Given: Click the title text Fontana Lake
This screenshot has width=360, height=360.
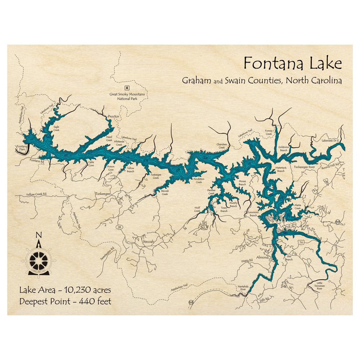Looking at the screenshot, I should (292, 63).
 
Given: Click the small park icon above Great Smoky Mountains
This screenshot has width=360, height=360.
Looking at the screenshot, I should (126, 87).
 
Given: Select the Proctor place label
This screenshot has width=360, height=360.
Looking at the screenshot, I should (113, 117).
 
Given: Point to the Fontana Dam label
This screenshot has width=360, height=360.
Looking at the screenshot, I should (21, 148).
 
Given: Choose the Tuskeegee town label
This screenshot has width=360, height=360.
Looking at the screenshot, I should (102, 193).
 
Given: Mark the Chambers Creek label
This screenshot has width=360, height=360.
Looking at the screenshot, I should (222, 146).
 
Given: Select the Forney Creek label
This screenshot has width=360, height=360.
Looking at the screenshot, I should (269, 132).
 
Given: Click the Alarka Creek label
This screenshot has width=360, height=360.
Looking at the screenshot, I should (297, 207).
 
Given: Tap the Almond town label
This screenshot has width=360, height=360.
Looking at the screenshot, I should (262, 257).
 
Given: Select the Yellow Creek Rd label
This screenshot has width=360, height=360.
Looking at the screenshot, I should (36, 194).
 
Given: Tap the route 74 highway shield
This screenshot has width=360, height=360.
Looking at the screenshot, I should (300, 243).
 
